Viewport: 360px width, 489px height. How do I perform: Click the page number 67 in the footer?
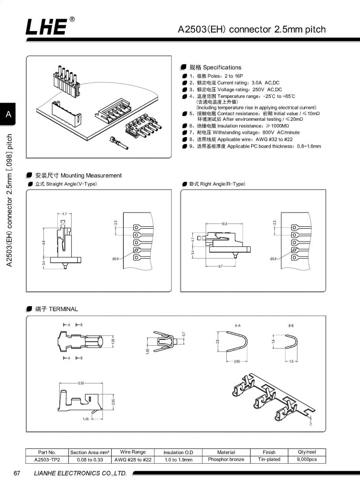pyautogui.click(x=17, y=474)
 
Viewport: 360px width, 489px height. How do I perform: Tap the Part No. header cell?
pyautogui.click(x=47, y=452)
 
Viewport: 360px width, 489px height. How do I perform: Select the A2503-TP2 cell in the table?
pyautogui.click(x=47, y=460)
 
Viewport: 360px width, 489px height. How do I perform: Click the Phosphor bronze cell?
pyautogui.click(x=226, y=459)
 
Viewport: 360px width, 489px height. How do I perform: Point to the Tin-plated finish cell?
pyautogui.click(x=269, y=459)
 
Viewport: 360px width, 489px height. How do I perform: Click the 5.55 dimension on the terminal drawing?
pyautogui.click(x=81, y=383)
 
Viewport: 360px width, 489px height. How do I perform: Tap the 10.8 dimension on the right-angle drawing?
pyautogui.click(x=224, y=223)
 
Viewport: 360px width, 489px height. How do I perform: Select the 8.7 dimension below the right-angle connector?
pyautogui.click(x=221, y=266)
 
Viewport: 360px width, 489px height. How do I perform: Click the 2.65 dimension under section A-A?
pyautogui.click(x=237, y=361)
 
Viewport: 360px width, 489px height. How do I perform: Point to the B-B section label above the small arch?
pyautogui.click(x=291, y=325)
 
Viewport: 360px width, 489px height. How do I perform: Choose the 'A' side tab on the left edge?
pyautogui.click(x=8, y=115)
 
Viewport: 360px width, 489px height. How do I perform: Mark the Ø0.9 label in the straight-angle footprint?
pyautogui.click(x=116, y=259)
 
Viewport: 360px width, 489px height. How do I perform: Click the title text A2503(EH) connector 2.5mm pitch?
pyautogui.click(x=252, y=30)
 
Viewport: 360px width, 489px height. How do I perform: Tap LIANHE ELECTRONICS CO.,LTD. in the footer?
pyautogui.click(x=80, y=474)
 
